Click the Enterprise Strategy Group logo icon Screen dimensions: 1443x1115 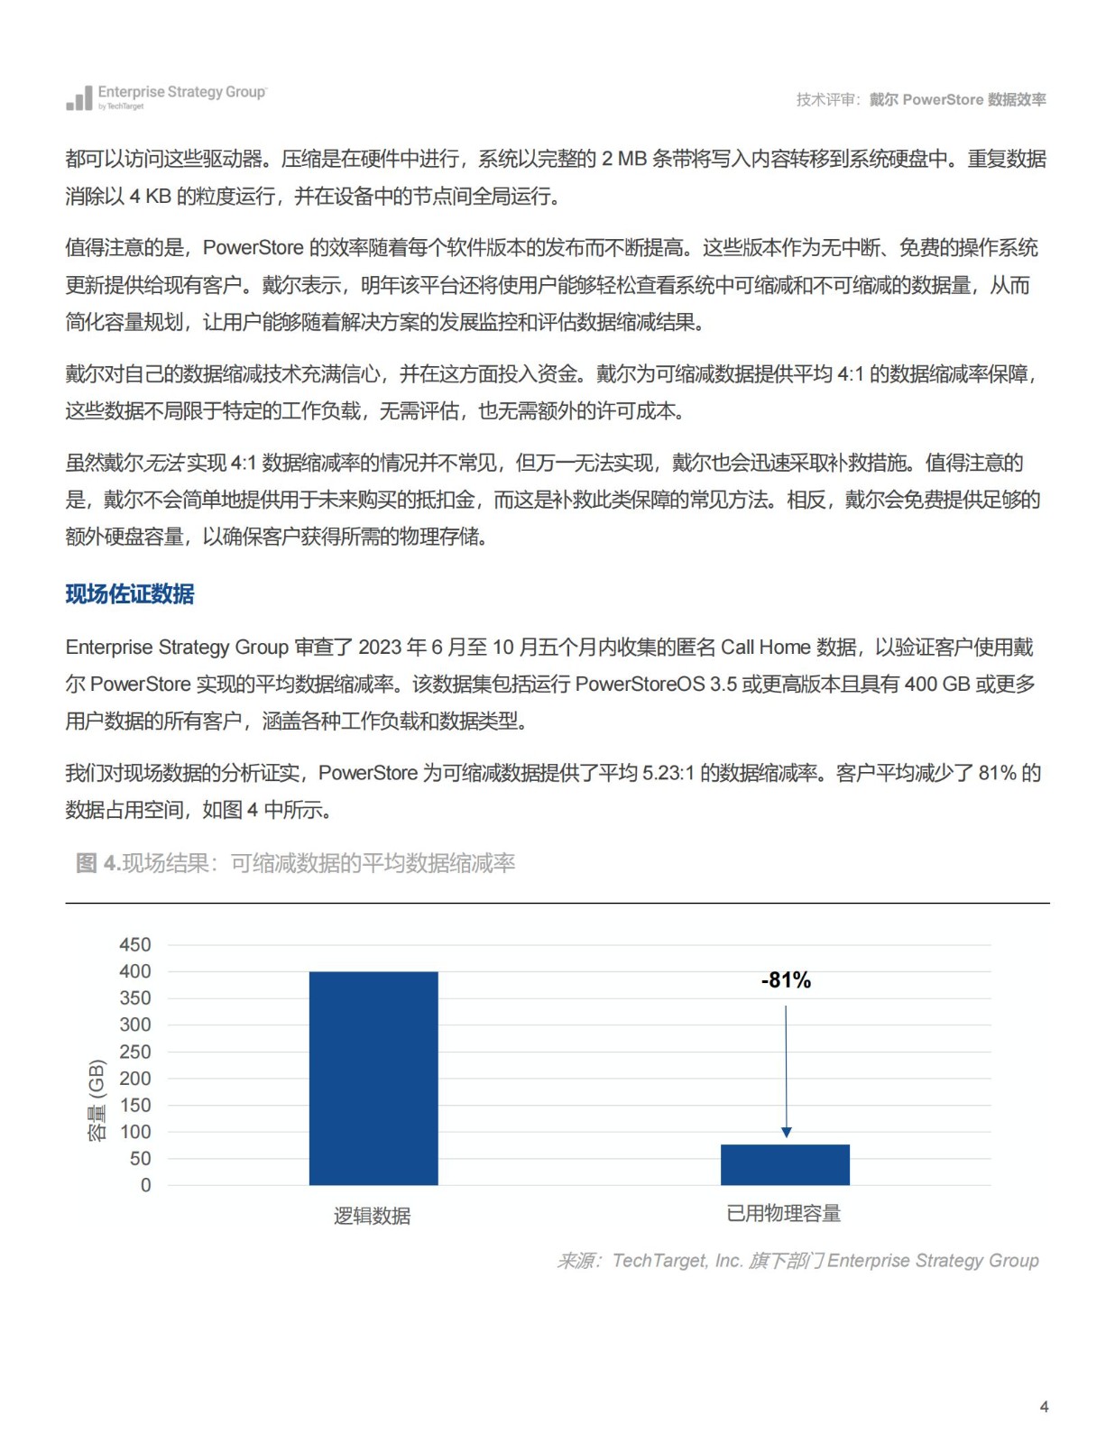coord(79,98)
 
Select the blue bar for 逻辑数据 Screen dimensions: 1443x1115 coord(373,1078)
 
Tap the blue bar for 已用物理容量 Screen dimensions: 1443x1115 coord(784,1164)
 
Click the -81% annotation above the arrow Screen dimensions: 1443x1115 coord(786,980)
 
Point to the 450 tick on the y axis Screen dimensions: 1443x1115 coord(135,945)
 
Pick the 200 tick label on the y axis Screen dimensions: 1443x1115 coord(135,1079)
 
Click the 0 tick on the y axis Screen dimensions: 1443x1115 coord(146,1186)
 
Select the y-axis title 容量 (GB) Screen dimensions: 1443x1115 coord(97,1100)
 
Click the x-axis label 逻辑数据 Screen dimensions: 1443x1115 coord(372,1216)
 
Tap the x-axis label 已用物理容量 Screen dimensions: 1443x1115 coord(783,1214)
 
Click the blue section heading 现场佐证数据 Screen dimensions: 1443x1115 coord(130,594)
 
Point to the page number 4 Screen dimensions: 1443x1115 coord(1044,1407)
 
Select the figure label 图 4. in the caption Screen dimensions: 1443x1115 coord(97,863)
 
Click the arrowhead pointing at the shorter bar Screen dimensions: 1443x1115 coord(786,1132)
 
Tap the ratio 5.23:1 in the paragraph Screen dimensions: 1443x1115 coord(668,773)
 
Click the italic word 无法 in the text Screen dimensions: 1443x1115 coord(164,464)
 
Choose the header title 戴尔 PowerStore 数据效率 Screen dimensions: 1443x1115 coord(957,100)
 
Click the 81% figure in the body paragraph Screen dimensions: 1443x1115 coord(997,773)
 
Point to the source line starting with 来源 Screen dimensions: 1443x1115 coord(797,1261)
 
